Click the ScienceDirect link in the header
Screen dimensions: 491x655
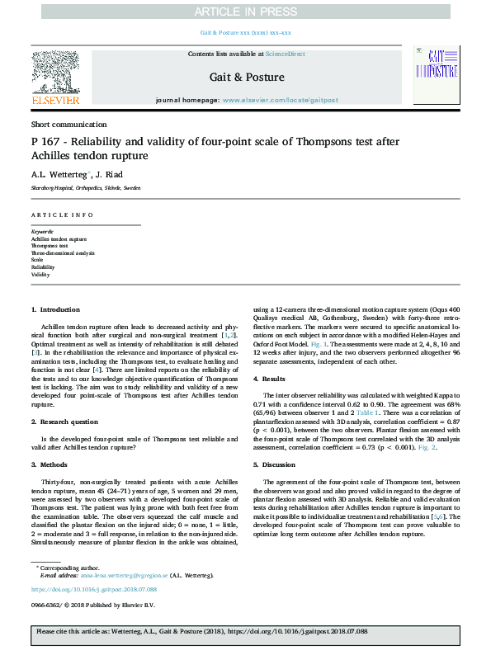pyautogui.click(x=286, y=54)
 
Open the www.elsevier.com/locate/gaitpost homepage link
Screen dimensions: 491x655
pyautogui.click(x=281, y=100)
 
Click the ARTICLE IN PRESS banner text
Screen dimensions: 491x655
pyautogui.click(x=245, y=11)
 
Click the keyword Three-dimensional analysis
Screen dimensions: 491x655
pyautogui.click(x=59, y=252)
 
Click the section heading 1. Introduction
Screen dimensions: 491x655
pyautogui.click(x=55, y=309)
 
